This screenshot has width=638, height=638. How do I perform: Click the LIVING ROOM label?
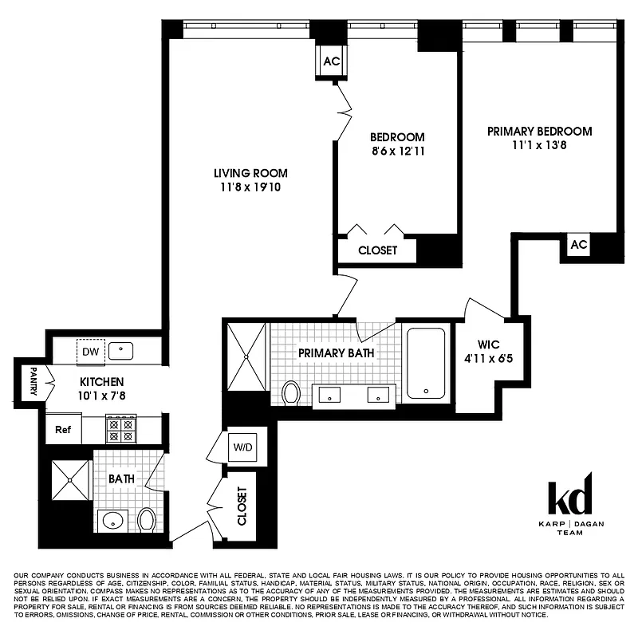point(250,173)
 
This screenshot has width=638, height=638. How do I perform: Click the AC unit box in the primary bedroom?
point(578,246)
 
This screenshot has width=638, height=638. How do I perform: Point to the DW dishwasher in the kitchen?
point(90,350)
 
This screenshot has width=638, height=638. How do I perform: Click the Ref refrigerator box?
point(63,429)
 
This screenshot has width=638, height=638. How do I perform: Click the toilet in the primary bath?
point(291,392)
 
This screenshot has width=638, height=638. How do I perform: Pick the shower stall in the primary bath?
point(246,356)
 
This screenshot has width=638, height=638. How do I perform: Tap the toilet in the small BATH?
point(146,521)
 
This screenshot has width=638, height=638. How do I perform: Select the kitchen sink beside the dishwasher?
point(121,349)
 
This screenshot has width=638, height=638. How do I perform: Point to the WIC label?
point(488,345)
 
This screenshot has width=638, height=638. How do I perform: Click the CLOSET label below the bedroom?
point(377,250)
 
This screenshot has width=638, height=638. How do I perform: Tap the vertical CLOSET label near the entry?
point(242,506)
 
